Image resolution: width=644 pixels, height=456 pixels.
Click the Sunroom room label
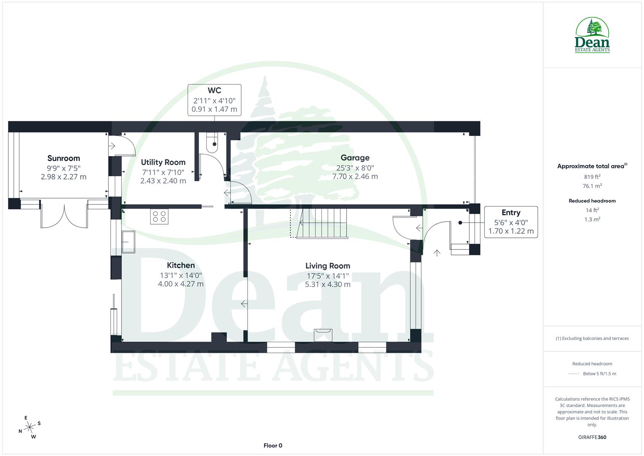(64, 158)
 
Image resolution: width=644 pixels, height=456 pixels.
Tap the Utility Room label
(163, 162)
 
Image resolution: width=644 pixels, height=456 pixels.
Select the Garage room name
(355, 157)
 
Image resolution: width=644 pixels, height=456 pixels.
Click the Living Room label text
(328, 266)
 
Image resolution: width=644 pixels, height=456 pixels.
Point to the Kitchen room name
(181, 265)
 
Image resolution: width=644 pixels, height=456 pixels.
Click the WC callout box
(214, 100)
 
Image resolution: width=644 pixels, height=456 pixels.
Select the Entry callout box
(511, 222)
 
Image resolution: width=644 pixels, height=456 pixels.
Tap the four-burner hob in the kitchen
(159, 217)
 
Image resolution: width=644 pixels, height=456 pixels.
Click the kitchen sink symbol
(129, 242)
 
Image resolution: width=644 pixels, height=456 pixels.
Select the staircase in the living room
(323, 223)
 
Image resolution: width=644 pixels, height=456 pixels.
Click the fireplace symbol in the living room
(323, 334)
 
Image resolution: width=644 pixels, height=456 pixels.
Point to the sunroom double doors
(65, 216)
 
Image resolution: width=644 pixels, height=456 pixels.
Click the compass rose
(30, 427)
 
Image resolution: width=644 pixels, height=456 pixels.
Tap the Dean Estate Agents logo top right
(592, 35)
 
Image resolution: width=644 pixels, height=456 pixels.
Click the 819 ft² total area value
(592, 177)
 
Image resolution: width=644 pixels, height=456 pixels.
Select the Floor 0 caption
(273, 445)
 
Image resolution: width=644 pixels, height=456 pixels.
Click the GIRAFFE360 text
(592, 437)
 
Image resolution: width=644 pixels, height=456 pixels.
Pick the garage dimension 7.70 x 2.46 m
(355, 176)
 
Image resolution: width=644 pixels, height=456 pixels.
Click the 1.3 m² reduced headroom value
(592, 219)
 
